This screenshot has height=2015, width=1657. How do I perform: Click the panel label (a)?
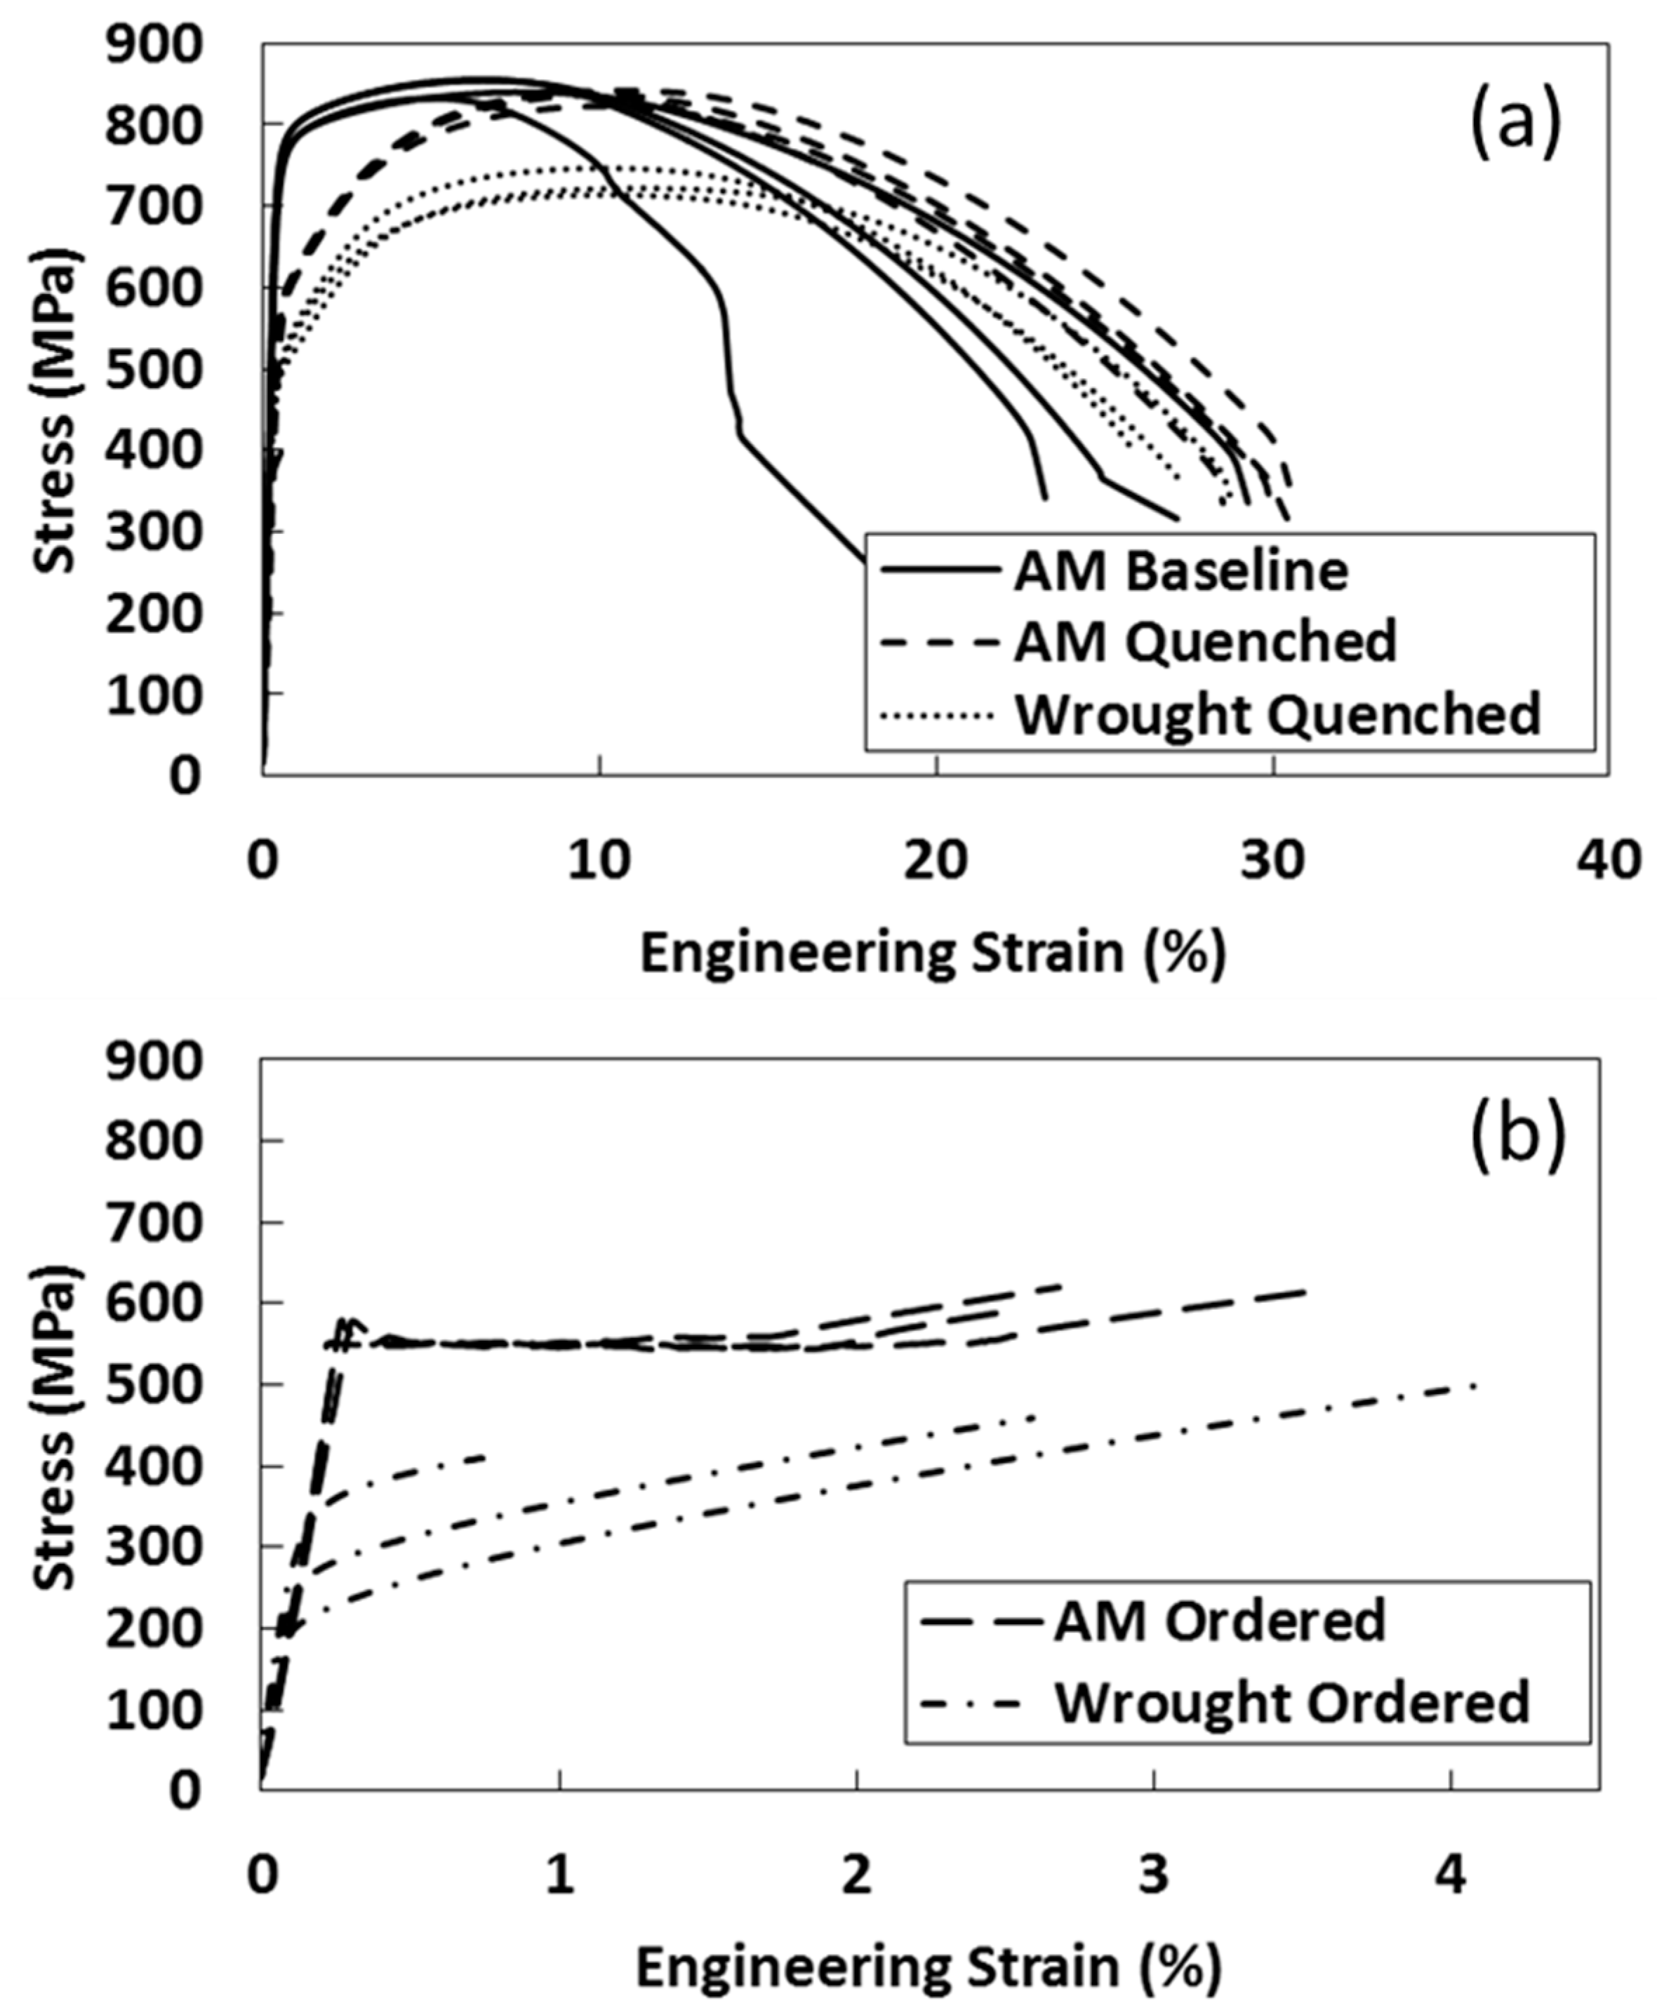point(1516,127)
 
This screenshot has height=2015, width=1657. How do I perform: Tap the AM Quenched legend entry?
point(1204,642)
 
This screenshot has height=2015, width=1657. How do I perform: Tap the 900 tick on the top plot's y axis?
point(154,45)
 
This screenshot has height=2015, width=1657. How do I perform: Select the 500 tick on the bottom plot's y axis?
point(154,1384)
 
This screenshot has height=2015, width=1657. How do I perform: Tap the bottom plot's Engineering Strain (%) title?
point(928,1967)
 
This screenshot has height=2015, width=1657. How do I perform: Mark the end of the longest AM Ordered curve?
point(1306,1291)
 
